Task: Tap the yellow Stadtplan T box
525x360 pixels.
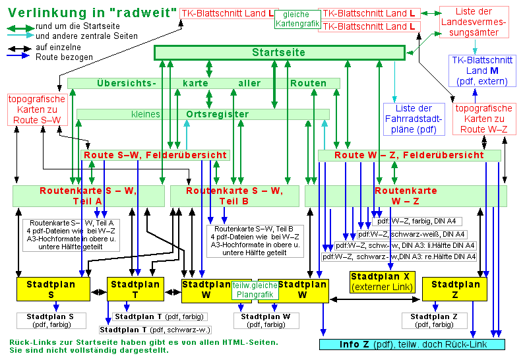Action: [x=135, y=289]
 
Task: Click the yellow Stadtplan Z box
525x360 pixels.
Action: [x=454, y=289]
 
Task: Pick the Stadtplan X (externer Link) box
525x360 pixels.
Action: [x=381, y=282]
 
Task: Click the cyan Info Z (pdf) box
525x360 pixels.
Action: [x=412, y=344]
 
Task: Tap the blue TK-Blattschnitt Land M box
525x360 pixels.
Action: [x=479, y=71]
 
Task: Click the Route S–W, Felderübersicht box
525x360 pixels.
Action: [x=155, y=155]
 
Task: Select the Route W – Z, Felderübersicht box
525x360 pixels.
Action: [x=409, y=155]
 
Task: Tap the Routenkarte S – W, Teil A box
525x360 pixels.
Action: [x=88, y=196]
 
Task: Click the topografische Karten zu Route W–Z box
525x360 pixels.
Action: [x=484, y=119]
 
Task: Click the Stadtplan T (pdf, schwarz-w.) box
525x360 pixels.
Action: [x=156, y=330]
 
